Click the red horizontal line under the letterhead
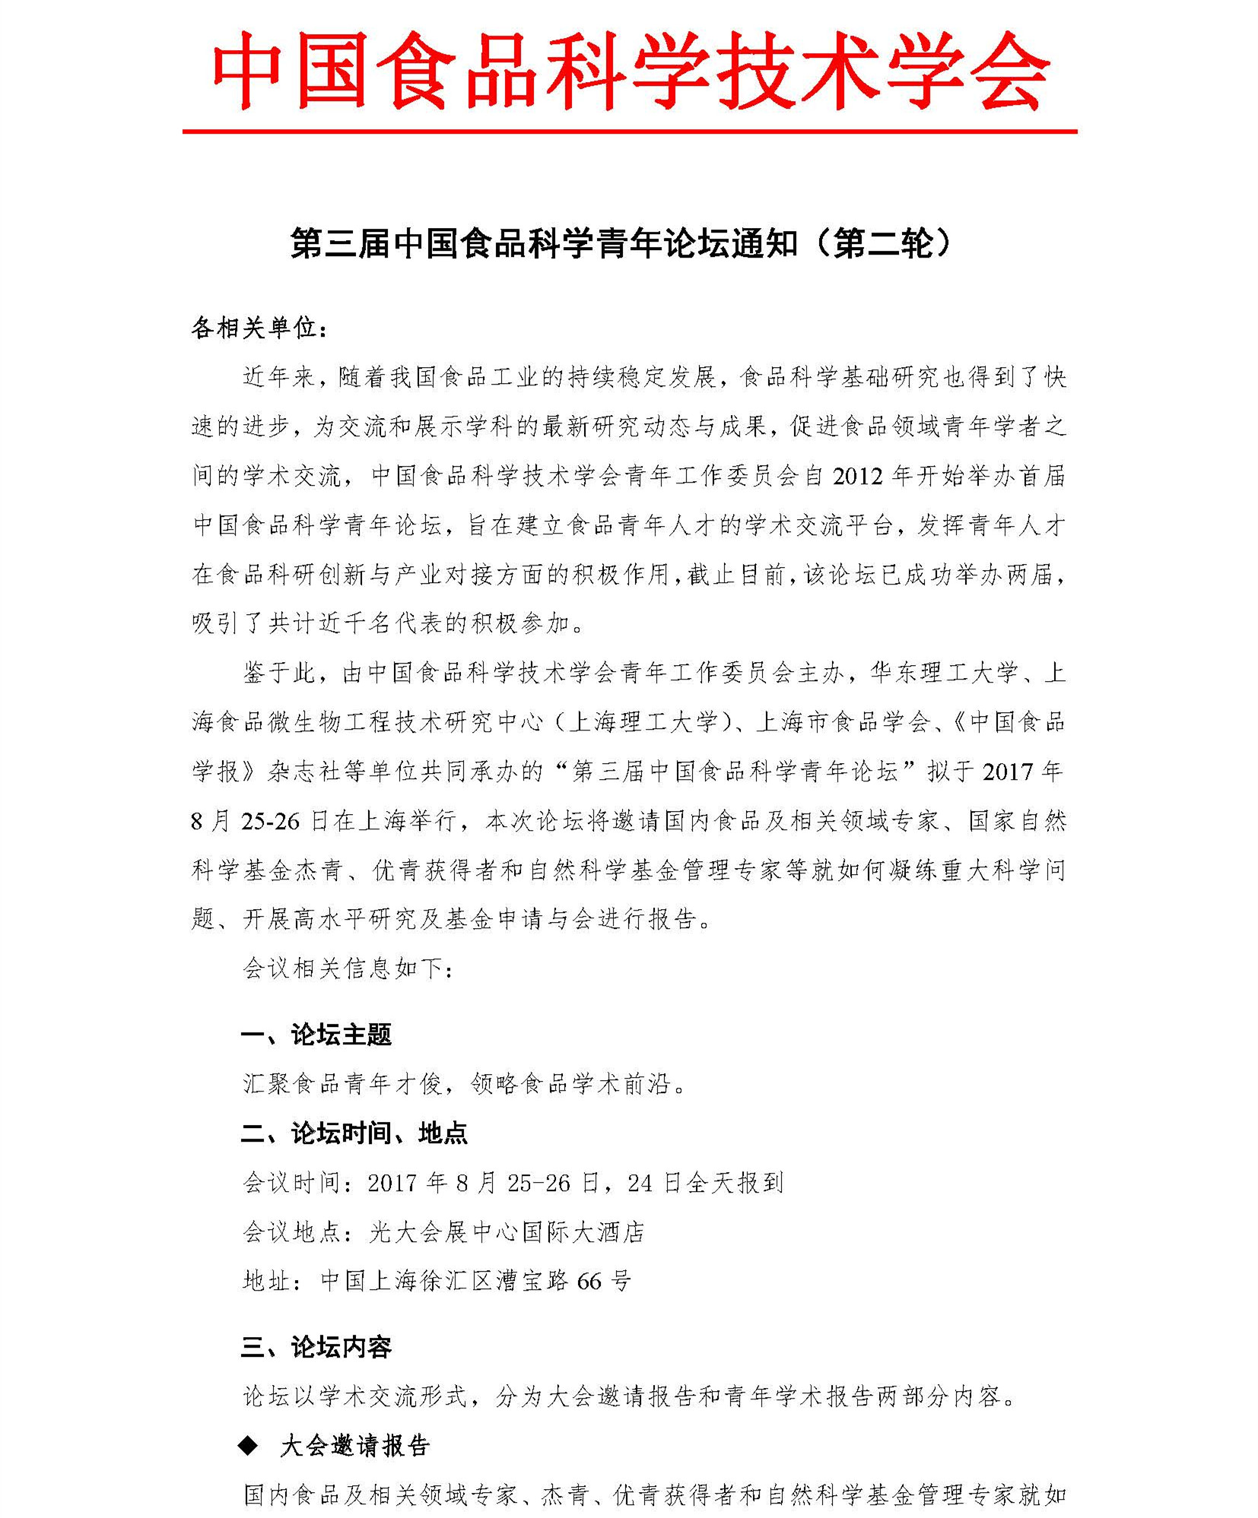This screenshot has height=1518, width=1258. [x=630, y=132]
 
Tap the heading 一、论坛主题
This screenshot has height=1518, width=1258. [x=316, y=1035]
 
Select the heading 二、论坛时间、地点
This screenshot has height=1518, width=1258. [x=354, y=1133]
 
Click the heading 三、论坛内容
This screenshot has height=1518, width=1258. [x=316, y=1348]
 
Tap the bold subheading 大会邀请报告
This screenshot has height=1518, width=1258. [x=355, y=1447]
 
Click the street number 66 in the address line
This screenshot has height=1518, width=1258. [x=589, y=1282]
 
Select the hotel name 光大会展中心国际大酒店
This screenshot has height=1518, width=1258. [x=507, y=1232]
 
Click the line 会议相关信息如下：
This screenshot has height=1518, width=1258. [x=348, y=968]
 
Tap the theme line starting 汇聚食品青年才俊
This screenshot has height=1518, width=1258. [x=465, y=1084]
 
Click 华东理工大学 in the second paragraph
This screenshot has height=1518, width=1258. [x=943, y=673]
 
